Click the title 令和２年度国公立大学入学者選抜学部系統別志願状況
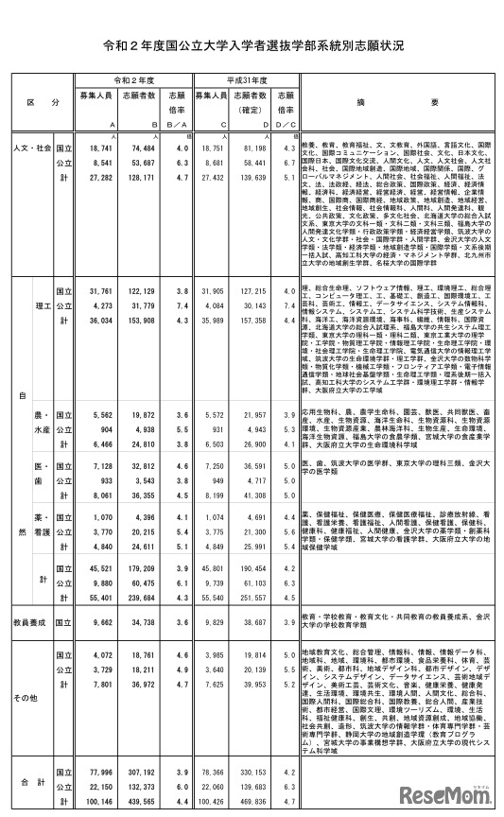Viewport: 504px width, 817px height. tap(252, 44)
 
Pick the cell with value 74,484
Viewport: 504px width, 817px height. tap(146, 148)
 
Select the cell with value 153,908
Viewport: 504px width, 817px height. tap(146, 321)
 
